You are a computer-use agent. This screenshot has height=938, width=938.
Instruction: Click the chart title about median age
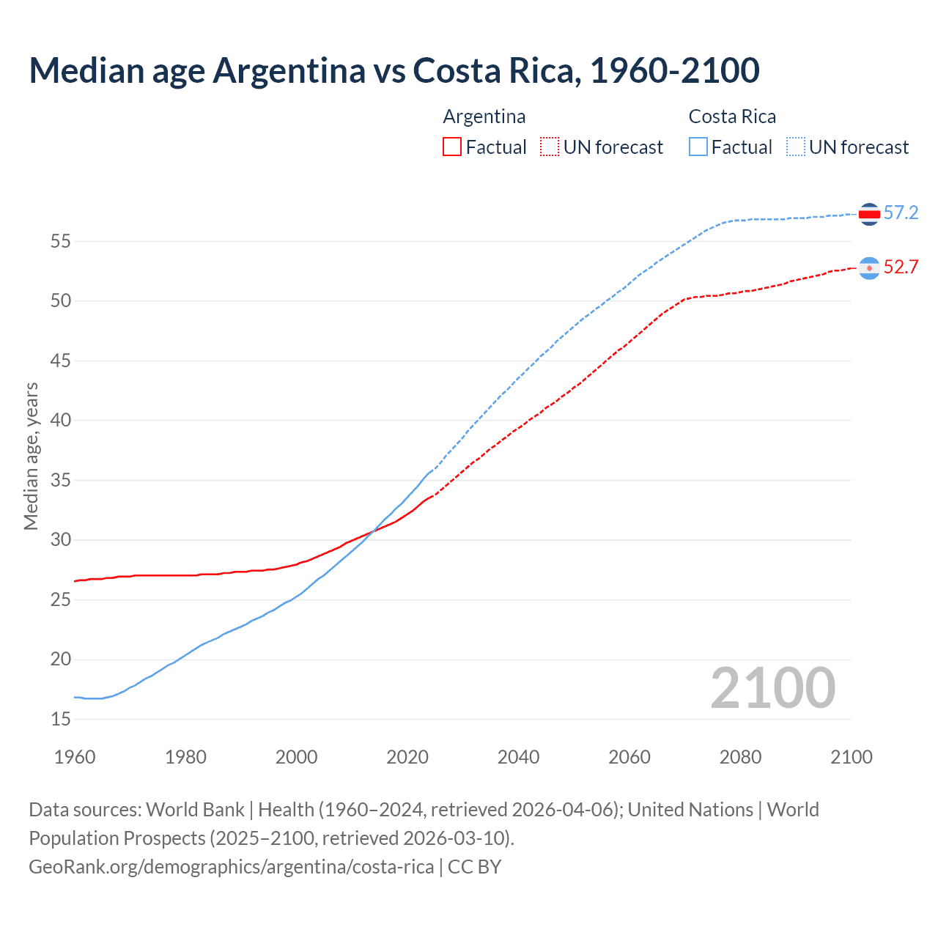[394, 70]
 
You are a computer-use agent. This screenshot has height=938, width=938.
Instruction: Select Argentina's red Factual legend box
[452, 147]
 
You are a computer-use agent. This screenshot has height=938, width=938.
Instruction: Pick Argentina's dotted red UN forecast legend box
[550, 147]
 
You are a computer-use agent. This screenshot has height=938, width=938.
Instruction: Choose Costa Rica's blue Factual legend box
[698, 147]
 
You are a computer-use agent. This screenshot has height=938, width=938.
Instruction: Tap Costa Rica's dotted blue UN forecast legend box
[795, 147]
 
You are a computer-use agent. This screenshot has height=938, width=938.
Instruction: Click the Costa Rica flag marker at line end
[869, 214]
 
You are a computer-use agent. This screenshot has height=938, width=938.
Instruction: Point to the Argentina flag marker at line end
[869, 268]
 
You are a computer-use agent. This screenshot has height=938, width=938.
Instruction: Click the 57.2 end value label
[901, 213]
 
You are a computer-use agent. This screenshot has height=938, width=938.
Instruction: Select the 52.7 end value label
[901, 267]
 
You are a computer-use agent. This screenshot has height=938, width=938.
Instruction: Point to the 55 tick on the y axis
[61, 241]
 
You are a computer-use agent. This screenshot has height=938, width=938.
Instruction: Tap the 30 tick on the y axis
[61, 540]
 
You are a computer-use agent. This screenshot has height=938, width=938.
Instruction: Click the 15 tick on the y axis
[61, 720]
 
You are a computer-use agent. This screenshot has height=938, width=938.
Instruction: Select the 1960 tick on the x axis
[75, 757]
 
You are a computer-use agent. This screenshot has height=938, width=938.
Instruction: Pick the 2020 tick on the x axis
[407, 757]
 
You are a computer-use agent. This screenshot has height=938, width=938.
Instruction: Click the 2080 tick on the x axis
[740, 757]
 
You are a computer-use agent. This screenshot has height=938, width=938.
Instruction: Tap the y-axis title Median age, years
[31, 456]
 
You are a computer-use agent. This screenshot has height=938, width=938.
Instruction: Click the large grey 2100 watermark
[772, 688]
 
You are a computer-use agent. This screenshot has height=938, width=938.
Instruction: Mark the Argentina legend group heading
[484, 117]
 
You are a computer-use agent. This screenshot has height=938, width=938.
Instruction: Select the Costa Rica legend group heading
[732, 117]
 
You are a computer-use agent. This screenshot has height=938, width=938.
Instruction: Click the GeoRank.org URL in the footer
[231, 867]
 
